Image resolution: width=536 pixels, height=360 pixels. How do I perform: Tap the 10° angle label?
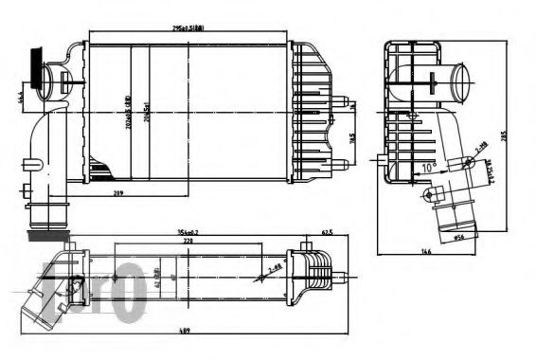(428, 168)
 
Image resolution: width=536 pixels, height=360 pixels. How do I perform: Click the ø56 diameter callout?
(463, 238)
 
